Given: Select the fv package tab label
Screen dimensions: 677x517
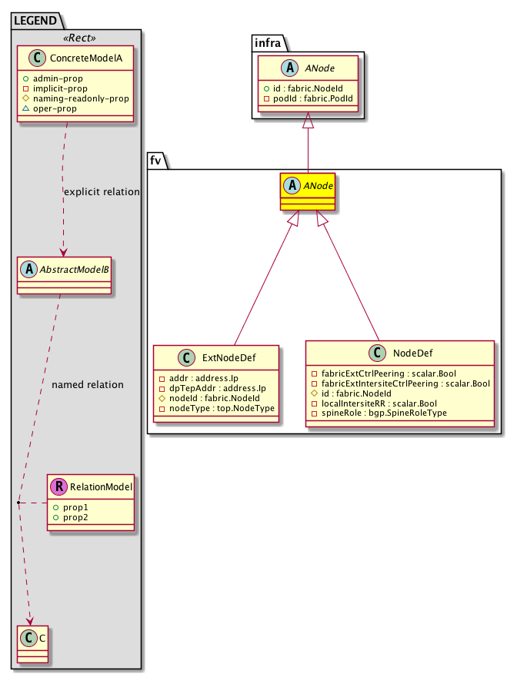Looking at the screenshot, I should click(158, 160).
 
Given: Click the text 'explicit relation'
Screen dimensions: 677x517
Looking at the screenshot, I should click(102, 191).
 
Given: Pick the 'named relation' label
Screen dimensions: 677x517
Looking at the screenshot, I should click(87, 384).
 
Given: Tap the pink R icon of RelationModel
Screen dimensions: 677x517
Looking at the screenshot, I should click(58, 486).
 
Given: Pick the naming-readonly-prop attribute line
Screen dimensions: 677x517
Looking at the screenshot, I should click(75, 99).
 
